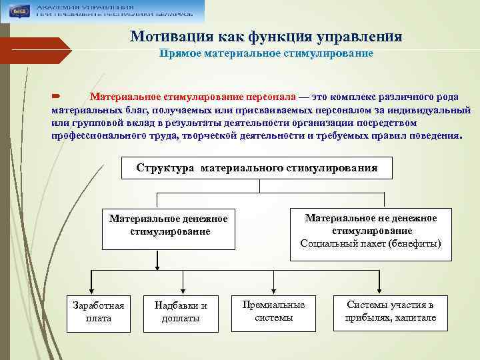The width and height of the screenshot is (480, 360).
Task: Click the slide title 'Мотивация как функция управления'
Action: coord(266,36)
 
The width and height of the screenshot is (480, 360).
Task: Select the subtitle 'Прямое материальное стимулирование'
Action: coord(266,53)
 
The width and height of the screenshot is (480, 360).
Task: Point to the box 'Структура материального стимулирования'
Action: coord(257,168)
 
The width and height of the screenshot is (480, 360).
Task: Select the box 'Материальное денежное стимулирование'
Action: coord(169,225)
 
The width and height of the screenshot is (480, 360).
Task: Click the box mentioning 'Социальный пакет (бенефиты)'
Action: coord(371,231)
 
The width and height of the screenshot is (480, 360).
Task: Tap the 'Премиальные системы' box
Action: coord(273,311)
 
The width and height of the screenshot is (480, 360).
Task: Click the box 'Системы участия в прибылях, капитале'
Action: coord(390,311)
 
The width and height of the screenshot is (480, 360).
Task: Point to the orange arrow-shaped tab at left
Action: coord(37,51)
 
